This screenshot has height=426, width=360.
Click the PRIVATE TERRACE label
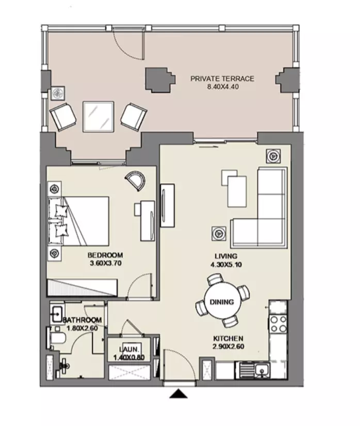[222, 79]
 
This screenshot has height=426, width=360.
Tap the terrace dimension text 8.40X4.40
[223, 87]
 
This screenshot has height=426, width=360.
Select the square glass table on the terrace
[98, 116]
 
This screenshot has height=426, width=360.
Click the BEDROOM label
[105, 255]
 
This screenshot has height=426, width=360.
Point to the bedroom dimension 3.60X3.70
[105, 263]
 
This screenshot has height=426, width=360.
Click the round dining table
[222, 301]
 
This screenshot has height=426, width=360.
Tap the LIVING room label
[226, 256]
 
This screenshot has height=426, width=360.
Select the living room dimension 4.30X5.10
[226, 265]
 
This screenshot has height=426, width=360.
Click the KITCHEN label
[228, 338]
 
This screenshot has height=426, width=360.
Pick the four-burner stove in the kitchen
[278, 324]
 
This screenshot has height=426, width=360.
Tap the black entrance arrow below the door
[178, 394]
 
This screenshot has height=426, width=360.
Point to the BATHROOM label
[82, 320]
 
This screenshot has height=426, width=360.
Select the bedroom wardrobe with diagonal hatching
[83, 287]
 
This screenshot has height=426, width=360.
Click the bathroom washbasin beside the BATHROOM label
[57, 313]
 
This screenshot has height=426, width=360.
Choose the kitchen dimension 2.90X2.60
[228, 347]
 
